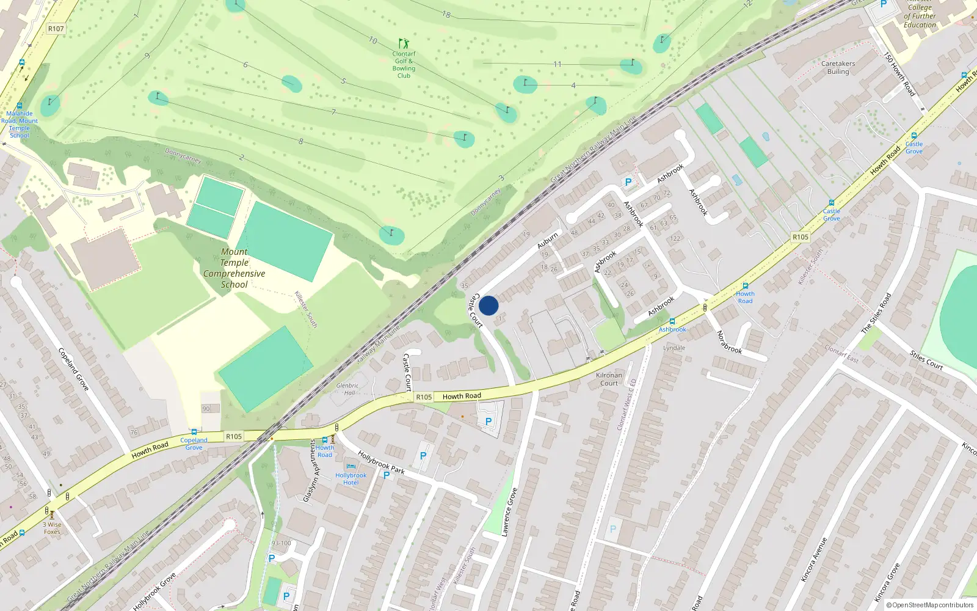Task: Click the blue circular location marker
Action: (x=488, y=305)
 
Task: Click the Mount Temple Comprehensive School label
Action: (x=234, y=268)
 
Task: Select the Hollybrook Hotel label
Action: (x=350, y=479)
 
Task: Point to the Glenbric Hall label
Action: (x=347, y=389)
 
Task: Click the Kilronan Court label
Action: (x=609, y=379)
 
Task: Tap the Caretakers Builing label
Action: (x=838, y=68)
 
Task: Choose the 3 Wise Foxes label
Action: (x=52, y=528)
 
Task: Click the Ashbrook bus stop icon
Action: (x=672, y=321)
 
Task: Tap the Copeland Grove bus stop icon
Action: (x=194, y=432)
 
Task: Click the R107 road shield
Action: (x=56, y=29)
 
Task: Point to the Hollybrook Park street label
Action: (x=381, y=462)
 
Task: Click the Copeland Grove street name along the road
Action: (x=73, y=369)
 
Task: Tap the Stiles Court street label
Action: (x=926, y=360)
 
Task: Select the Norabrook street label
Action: (x=729, y=342)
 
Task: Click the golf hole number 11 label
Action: (x=557, y=64)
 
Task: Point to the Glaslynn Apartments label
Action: (x=311, y=471)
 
